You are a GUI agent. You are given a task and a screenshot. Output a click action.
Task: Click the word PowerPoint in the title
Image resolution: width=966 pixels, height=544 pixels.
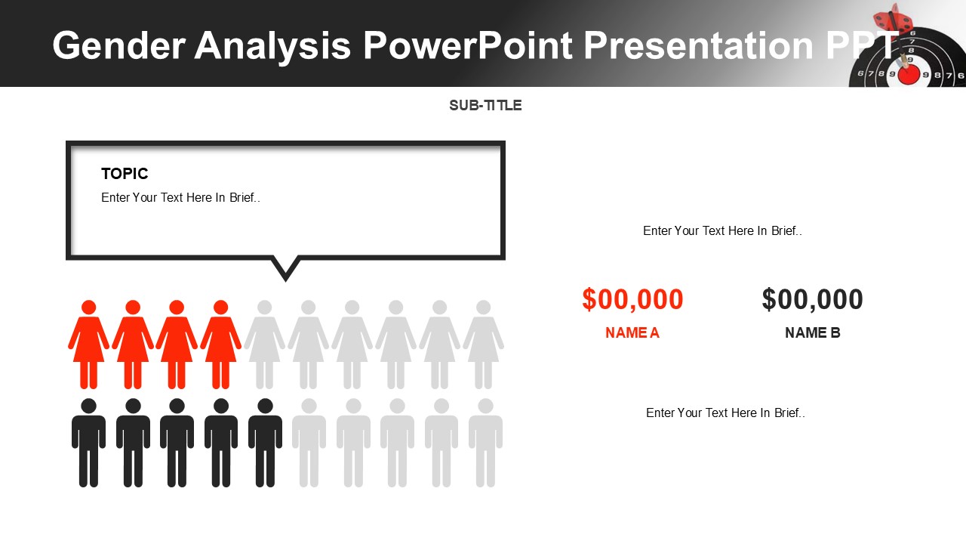[468, 45]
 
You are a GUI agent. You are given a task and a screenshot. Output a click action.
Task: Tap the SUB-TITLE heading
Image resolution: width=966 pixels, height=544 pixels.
[485, 106]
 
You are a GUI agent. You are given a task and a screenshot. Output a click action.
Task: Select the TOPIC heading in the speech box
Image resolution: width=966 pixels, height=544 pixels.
[125, 174]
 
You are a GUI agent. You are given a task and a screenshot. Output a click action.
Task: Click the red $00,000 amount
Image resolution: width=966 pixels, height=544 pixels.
[632, 300]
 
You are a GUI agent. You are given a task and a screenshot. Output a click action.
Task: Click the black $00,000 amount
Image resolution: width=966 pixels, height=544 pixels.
[812, 300]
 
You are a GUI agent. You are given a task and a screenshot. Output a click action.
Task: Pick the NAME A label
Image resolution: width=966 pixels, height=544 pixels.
[632, 333]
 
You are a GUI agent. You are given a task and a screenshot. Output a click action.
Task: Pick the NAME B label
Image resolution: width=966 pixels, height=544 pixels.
[812, 333]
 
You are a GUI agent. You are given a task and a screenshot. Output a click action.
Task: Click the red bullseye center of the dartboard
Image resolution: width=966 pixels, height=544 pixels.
[909, 74]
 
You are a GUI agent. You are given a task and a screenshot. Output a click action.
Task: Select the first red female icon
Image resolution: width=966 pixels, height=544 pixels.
[88, 345]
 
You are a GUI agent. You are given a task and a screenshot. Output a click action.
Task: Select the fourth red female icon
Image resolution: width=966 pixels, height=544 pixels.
[220, 345]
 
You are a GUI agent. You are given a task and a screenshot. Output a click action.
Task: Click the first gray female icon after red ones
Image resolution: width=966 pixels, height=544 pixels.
[264, 345]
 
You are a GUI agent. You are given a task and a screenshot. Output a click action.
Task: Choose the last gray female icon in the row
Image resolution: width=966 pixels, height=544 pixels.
[484, 345]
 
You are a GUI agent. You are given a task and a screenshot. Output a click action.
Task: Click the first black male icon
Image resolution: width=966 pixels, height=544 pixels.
[88, 443]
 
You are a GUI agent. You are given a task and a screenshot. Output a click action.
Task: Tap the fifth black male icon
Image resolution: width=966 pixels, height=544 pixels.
[265, 443]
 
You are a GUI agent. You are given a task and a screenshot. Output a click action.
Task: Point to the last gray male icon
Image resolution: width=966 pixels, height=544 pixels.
[485, 443]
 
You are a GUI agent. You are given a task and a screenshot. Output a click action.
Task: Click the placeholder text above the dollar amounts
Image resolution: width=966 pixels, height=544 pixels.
[722, 231]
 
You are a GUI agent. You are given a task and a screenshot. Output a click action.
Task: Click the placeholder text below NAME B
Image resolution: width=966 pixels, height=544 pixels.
[725, 413]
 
